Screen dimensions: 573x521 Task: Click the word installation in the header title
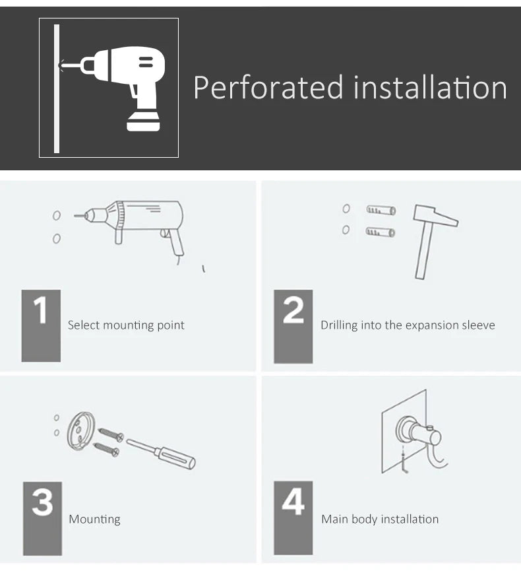[x=430, y=88]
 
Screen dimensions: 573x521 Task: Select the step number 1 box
[x=41, y=325]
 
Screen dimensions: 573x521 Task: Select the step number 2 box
[x=293, y=325]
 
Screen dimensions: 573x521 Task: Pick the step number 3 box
[x=42, y=518]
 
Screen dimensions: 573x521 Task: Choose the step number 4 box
[x=293, y=518]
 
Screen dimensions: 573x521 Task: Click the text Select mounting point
[x=126, y=325]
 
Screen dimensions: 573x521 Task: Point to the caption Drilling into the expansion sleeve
[x=408, y=325]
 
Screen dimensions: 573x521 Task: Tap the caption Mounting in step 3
[x=94, y=520]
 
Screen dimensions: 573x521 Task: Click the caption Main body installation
[x=380, y=520]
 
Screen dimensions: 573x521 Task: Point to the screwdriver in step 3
[x=162, y=452]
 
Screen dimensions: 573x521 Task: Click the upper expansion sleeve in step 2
[x=381, y=211]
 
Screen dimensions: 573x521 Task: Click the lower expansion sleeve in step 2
[x=381, y=232]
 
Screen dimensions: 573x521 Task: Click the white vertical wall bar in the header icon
[x=57, y=88]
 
